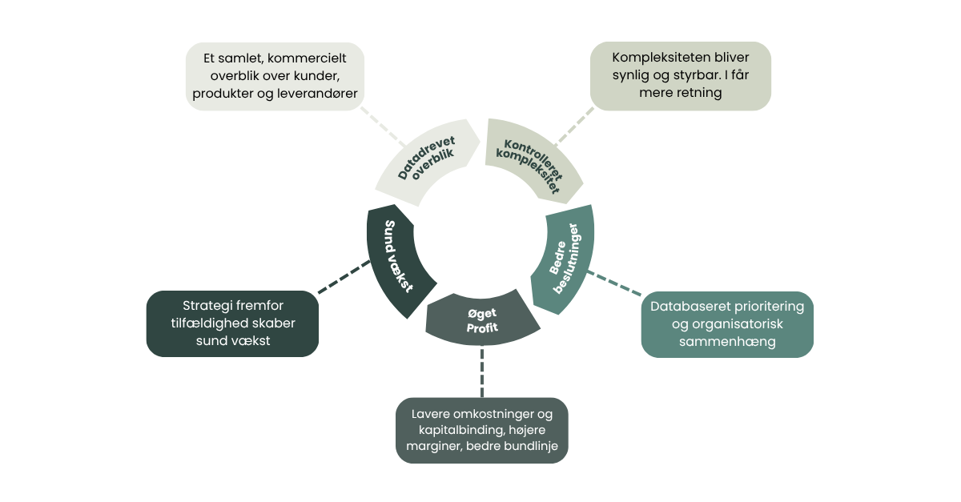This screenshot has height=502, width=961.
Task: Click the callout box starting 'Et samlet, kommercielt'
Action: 275,76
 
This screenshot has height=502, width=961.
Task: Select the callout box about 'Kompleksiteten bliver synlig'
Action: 680,76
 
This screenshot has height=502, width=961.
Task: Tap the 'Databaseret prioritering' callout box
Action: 727,324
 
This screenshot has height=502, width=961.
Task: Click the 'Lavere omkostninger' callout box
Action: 482,430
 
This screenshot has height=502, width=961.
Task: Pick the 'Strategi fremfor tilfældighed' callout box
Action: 232,323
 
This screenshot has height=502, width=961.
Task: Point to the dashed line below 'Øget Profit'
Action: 482,372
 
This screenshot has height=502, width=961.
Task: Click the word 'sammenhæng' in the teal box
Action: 727,342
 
